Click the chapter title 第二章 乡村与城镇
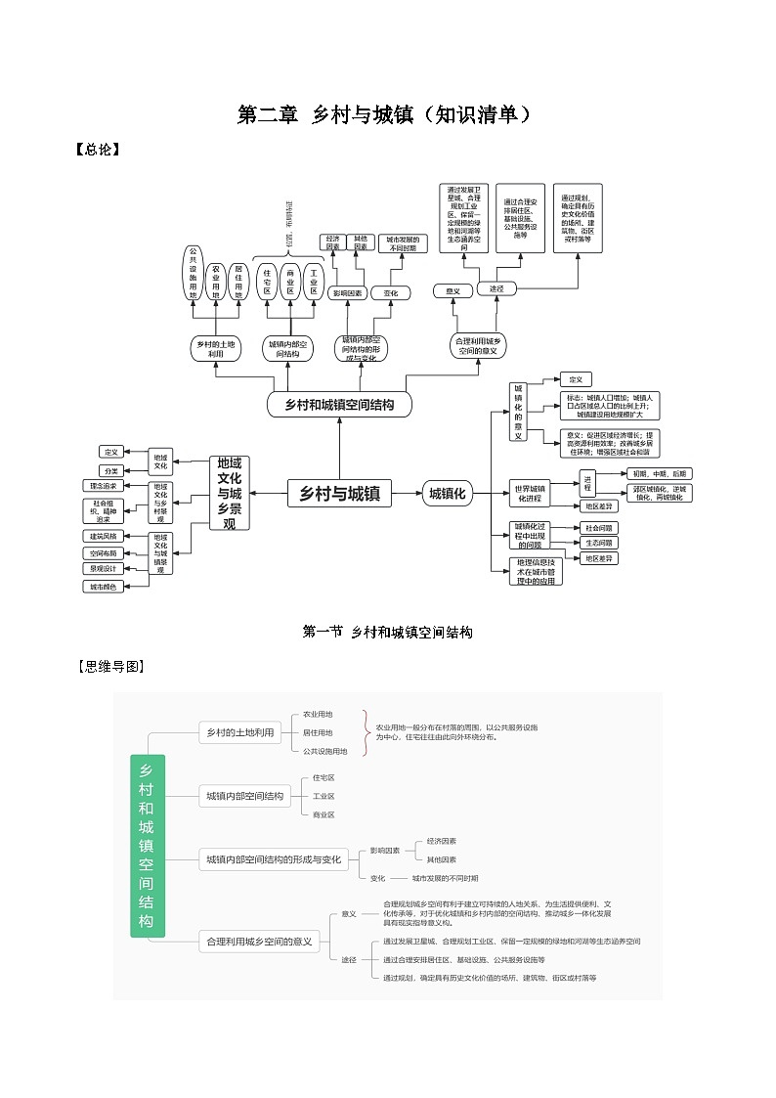tap(387, 114)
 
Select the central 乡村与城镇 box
tap(339, 494)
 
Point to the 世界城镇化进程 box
tap(531, 493)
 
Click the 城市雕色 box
tap(102, 587)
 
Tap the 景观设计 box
tap(102, 568)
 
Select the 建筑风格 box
tap(102, 536)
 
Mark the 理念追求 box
tap(103, 486)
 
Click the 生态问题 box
tap(599, 543)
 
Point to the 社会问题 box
tap(599, 528)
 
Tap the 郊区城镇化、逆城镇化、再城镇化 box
tap(661, 493)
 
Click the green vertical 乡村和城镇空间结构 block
tap(148, 846)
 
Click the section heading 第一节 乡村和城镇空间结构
tap(388, 633)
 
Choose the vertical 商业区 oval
tap(290, 281)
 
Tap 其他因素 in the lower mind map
tap(441, 859)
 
